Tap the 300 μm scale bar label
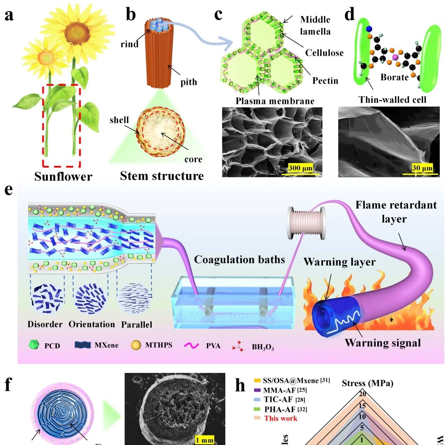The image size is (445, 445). tap(300, 168)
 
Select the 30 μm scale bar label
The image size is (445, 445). tap(422, 168)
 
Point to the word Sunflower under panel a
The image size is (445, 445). tap(63, 177)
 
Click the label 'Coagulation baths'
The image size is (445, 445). tap(240, 260)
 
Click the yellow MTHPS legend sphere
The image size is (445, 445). tap(136, 345)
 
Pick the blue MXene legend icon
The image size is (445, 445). tap(82, 345)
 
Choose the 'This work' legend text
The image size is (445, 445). tap(281, 418)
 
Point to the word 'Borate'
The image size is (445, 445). tap(394, 77)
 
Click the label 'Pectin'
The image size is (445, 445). tap(325, 81)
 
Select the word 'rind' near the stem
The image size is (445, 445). tap(129, 44)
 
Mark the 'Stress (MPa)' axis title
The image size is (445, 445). tap(367, 383)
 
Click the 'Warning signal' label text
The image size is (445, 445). tap(383, 343)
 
